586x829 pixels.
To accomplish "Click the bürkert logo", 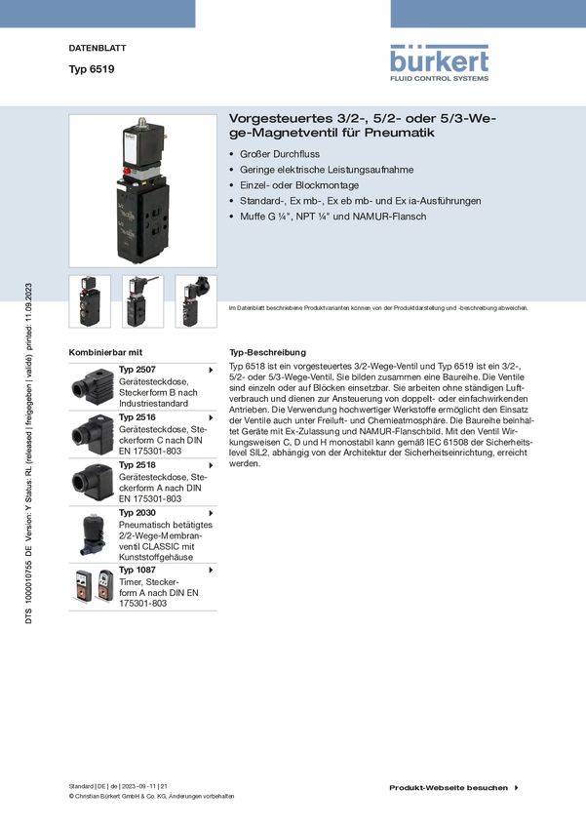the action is coord(439,63).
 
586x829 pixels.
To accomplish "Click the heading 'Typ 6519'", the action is coord(92,69).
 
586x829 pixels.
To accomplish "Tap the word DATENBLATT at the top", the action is coord(98,48).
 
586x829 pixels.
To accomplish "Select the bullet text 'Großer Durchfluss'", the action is coord(280,154).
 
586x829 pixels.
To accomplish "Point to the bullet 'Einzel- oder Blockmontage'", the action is coord(299,185).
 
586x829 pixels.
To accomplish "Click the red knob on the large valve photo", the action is coord(127,171).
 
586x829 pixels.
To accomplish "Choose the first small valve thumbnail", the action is coord(90,301).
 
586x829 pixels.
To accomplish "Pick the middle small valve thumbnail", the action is coord(142,301).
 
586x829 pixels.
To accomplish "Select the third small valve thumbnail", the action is coord(196,301).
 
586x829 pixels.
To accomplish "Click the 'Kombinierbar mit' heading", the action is coord(105,353).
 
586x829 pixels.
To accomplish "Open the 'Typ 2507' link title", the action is coord(137,370).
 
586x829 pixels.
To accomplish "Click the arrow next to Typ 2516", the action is coord(211,417).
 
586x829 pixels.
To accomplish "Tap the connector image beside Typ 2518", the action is coord(92,482).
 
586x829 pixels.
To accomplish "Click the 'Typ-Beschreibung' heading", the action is coord(267,353).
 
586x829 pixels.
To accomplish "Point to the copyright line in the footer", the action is coord(152,796).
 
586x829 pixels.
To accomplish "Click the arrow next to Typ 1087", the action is coord(211,570).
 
